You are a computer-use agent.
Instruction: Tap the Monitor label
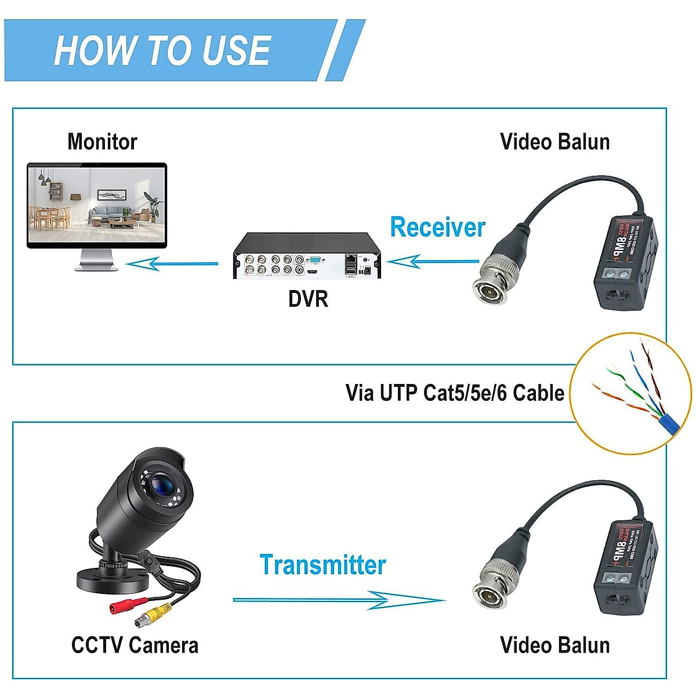(x=102, y=142)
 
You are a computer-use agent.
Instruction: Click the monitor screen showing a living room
(x=97, y=204)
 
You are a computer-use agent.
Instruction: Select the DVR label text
(x=308, y=299)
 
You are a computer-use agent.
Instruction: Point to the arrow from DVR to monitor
(x=172, y=264)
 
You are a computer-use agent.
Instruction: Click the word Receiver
(x=437, y=227)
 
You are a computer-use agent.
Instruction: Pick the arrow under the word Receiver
(x=432, y=262)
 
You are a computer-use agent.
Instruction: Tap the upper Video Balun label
(x=554, y=142)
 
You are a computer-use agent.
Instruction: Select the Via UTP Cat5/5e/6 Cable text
(x=455, y=393)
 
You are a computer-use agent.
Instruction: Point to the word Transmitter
(x=322, y=565)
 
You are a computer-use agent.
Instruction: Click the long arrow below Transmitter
(x=339, y=600)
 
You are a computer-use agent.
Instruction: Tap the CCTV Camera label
(x=135, y=645)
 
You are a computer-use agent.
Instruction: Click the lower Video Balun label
(x=554, y=645)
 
